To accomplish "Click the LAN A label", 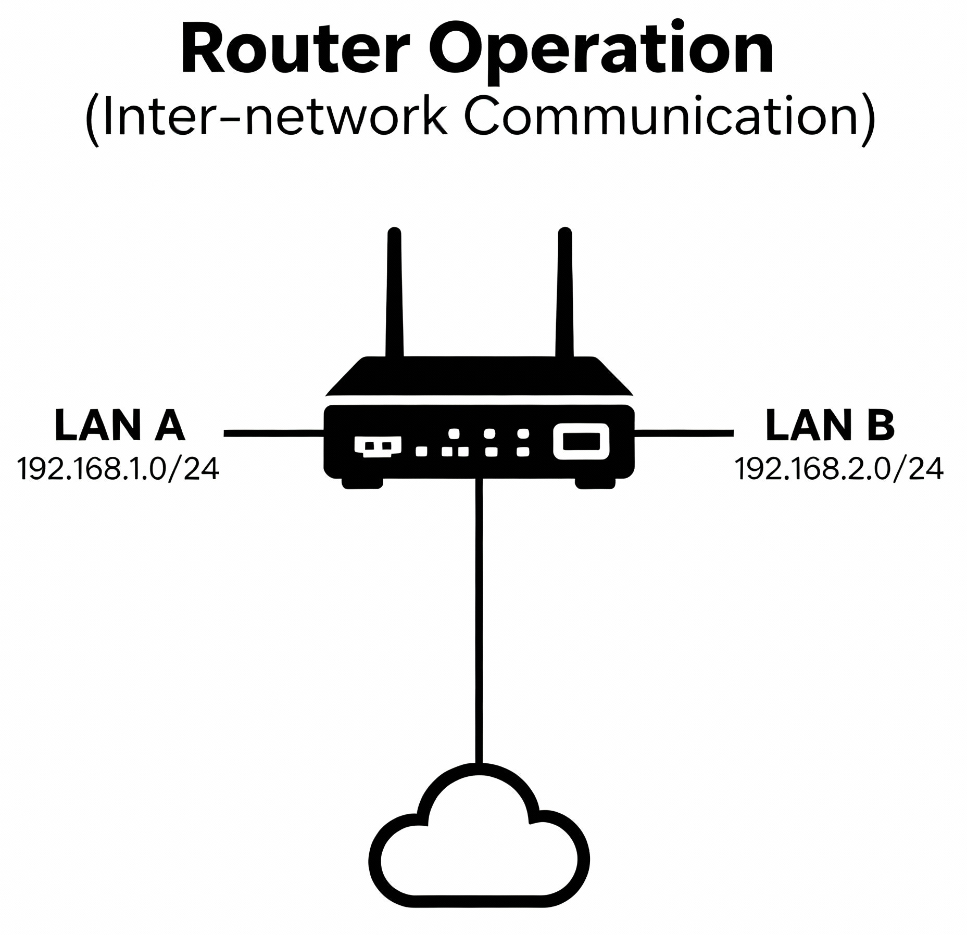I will pos(119,425).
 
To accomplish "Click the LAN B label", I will pos(830,425).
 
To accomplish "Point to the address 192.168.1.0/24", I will pos(118,469).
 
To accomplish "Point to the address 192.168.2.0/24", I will pos(838,469).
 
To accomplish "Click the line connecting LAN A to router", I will pos(273,432).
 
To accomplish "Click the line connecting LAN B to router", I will pos(684,432).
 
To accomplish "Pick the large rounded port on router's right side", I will pos(581,442).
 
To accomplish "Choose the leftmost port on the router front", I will pos(378,446).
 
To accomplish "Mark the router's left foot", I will pos(362,483).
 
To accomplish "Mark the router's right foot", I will pos(595,483).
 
